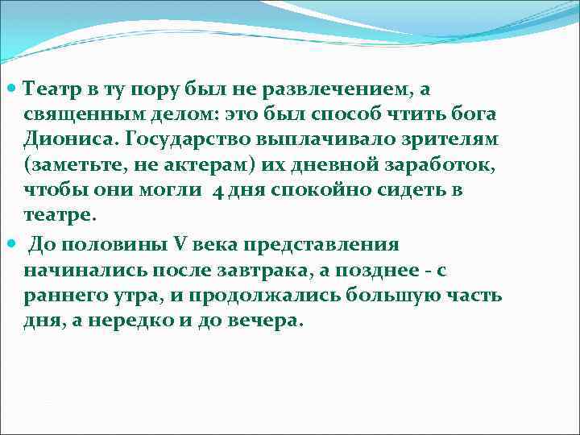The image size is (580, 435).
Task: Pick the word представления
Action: pos(312,245)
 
